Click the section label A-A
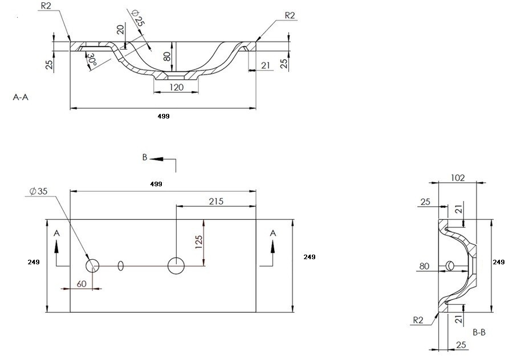click(x=21, y=97)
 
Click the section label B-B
click(x=479, y=332)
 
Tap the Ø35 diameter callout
click(x=38, y=191)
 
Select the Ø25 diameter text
click(x=137, y=18)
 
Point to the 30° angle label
click(x=92, y=60)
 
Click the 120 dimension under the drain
click(x=176, y=87)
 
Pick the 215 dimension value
click(x=216, y=202)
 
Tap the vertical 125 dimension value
click(x=199, y=242)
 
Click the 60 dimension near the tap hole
click(x=82, y=284)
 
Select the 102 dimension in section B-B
click(x=458, y=178)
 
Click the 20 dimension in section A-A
click(x=120, y=30)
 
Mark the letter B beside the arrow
click(x=145, y=157)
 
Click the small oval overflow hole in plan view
click(x=121, y=266)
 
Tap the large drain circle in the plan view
click(x=176, y=266)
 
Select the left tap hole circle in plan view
click(x=92, y=266)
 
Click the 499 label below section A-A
click(x=164, y=116)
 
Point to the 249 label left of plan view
click(x=34, y=261)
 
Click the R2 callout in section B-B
click(x=418, y=321)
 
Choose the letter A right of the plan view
click(x=273, y=233)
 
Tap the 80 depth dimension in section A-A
click(x=167, y=56)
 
